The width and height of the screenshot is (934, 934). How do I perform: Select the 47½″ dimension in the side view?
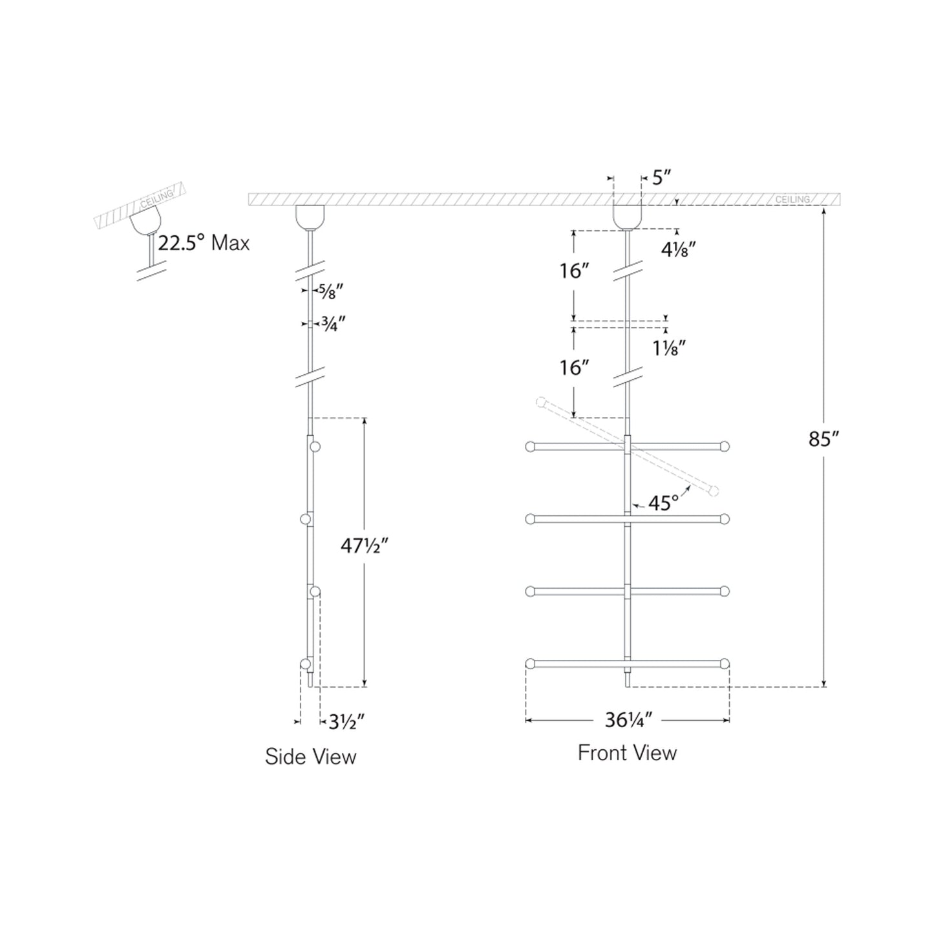click(365, 547)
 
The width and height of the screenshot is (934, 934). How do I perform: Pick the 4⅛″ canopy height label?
click(679, 249)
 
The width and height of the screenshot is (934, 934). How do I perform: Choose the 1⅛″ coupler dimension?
click(669, 348)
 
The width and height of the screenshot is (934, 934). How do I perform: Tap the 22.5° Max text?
click(204, 243)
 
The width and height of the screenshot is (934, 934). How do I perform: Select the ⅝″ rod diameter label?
click(331, 292)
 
